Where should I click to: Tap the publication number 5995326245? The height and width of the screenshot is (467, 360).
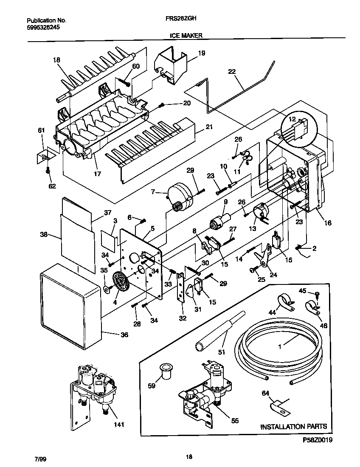43,27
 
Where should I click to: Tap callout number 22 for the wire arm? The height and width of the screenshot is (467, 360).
232,72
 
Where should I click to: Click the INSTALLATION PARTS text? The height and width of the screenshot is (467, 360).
293,426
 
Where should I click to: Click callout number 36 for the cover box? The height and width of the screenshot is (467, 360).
124,335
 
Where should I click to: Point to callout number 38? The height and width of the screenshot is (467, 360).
44,234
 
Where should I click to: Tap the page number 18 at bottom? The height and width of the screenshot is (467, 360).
189,457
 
